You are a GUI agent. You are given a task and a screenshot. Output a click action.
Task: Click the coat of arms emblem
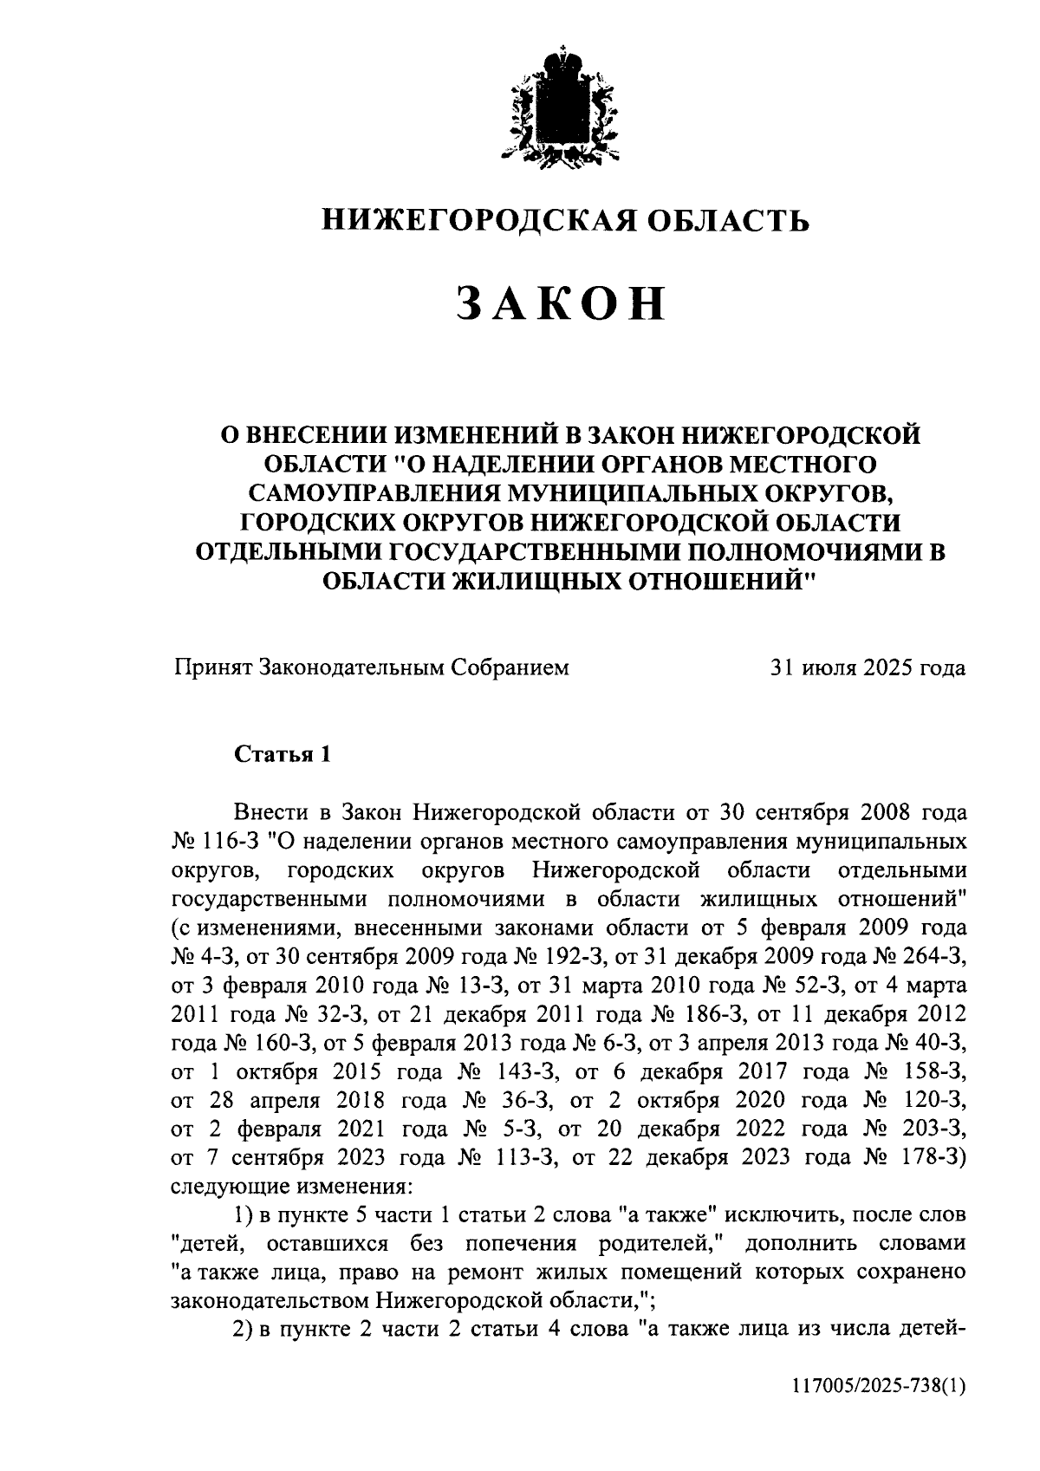click(x=562, y=106)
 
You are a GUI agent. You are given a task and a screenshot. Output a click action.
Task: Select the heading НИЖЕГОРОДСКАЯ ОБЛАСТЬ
click(x=566, y=221)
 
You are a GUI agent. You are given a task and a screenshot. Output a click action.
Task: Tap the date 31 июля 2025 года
click(x=868, y=667)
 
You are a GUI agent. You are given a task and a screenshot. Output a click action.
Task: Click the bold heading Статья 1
click(x=283, y=754)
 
